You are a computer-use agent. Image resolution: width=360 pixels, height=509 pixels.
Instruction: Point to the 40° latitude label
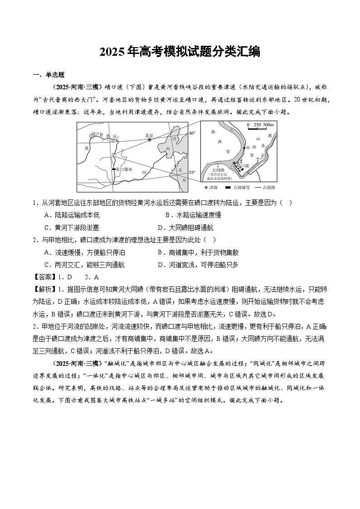192,133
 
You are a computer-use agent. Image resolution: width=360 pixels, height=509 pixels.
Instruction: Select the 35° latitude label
192,173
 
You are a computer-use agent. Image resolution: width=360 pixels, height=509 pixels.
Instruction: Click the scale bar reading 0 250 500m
260,125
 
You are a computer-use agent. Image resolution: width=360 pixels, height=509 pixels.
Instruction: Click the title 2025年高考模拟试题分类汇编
180,52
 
